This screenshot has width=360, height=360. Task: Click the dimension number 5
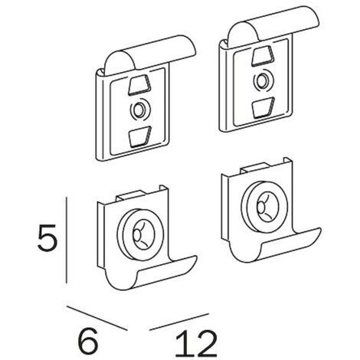47,237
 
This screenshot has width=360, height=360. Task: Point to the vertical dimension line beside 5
67,240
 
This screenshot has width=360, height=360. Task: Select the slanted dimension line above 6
97,318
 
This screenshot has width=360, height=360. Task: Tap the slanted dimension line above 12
179,322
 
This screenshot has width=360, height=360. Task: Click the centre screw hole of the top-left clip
139,110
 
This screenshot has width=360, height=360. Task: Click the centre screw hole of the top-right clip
262,81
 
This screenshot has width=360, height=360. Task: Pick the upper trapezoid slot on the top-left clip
139,85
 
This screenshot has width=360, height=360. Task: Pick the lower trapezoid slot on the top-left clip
140,136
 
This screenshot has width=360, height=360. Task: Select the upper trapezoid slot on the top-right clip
263,56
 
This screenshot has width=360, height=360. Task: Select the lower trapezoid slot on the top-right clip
263,107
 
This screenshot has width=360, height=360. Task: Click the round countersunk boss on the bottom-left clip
140,234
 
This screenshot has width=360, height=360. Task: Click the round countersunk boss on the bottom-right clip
264,207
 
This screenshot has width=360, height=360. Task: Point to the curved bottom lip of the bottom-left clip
151,273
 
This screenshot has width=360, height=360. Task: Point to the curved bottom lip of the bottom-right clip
274,245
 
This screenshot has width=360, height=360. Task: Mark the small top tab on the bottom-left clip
130,195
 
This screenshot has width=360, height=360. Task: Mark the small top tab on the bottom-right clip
254,168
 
